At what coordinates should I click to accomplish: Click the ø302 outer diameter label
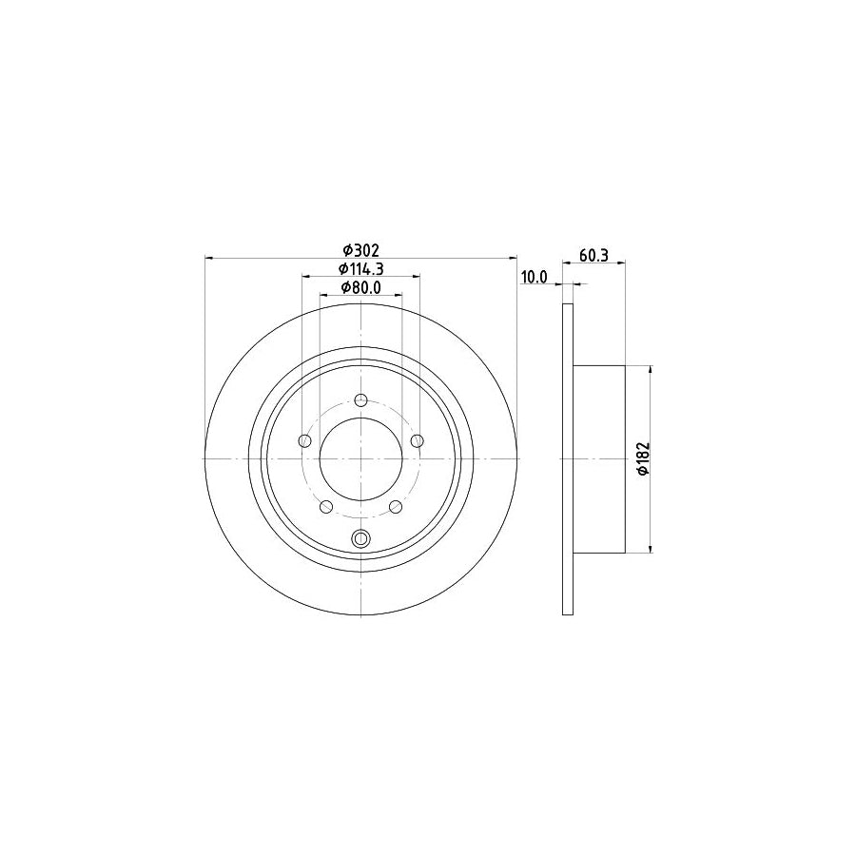click(x=361, y=250)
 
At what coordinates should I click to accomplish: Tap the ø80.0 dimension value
click(x=361, y=288)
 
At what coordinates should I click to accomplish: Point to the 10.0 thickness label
click(x=535, y=277)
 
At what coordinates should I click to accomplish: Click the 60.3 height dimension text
click(x=593, y=256)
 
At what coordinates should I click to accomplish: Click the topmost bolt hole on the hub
click(x=361, y=400)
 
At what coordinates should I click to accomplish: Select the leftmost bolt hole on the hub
click(x=305, y=440)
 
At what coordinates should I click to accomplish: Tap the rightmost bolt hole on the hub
click(x=417, y=440)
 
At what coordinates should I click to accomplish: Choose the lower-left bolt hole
click(x=326, y=506)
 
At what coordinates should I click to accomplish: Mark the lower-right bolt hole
click(x=396, y=506)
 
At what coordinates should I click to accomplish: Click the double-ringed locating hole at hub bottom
click(x=361, y=538)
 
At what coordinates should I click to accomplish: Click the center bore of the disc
click(x=361, y=458)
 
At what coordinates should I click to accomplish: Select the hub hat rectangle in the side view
click(x=599, y=458)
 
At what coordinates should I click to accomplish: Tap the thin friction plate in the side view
click(x=569, y=458)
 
